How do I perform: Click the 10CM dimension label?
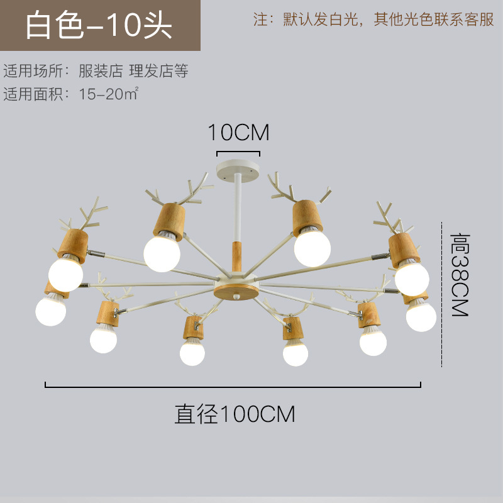pos(238,133)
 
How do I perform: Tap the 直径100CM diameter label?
pos(235,414)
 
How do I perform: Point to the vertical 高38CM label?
pos(460,275)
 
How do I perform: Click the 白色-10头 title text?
pos(99,26)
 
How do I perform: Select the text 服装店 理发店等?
pos(133,70)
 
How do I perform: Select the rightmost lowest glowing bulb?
pos(421,316)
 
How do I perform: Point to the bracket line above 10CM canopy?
pos(238,152)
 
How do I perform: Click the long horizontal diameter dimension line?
pos(233,385)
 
